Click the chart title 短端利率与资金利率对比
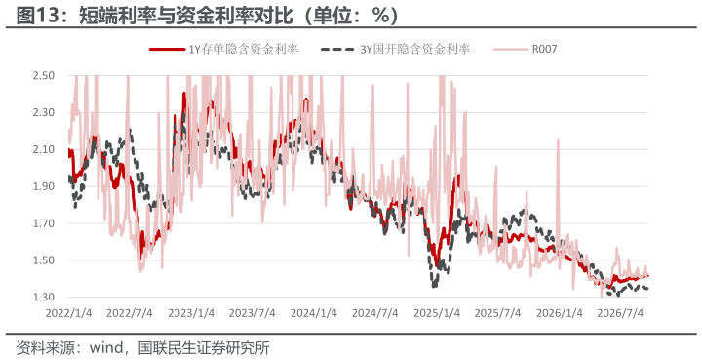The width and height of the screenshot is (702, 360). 185,16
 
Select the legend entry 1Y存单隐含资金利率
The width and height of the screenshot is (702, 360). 223,49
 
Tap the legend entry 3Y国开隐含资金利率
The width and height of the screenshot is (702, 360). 395,49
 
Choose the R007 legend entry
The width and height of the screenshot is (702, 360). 526,49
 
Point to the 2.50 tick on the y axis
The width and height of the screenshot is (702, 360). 44,75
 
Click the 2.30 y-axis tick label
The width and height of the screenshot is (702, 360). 44,112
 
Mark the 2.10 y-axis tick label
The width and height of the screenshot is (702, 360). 44,149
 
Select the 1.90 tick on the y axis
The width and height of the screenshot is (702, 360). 44,186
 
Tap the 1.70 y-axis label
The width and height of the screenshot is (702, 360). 44,223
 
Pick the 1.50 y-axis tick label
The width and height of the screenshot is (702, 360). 44,260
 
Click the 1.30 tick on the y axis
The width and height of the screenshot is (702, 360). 44,297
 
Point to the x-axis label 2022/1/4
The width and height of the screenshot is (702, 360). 68,313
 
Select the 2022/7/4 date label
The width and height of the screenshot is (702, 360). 130,313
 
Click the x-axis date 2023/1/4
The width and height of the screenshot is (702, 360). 191,313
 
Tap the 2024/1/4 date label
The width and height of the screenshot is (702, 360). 314,313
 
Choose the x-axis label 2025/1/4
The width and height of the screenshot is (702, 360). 437,313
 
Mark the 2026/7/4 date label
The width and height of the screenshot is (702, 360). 620,313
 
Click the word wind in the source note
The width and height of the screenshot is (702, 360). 106,347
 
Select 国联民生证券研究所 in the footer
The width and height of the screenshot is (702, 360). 204,347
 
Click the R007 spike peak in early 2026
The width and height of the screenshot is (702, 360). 558,140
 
